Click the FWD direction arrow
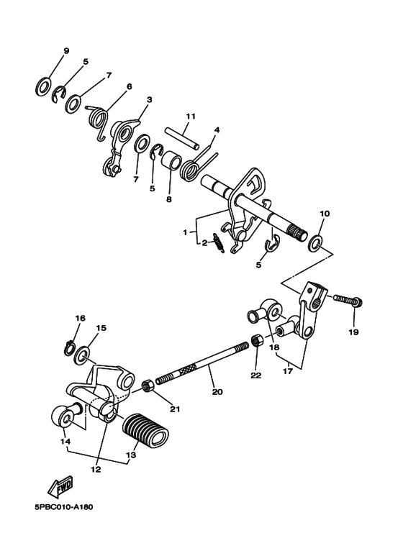(60, 486)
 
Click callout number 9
(66, 50)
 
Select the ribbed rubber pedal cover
(145, 429)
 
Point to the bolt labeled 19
(348, 301)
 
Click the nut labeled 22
(255, 341)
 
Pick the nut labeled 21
(148, 386)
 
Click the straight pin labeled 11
(182, 137)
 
